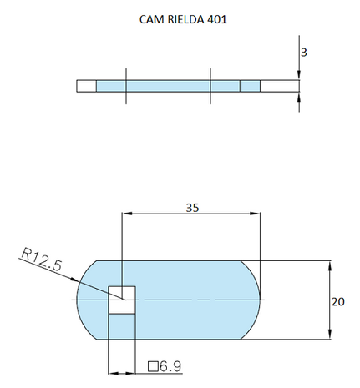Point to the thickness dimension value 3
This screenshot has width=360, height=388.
point(304,52)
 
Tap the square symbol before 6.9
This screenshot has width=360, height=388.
point(152,365)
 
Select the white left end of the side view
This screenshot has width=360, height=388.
point(86,85)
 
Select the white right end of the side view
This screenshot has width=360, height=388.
point(279,85)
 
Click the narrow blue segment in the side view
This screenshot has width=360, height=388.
point(250,85)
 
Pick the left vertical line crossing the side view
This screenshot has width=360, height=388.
point(126,85)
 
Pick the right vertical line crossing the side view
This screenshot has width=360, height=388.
point(211,85)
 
